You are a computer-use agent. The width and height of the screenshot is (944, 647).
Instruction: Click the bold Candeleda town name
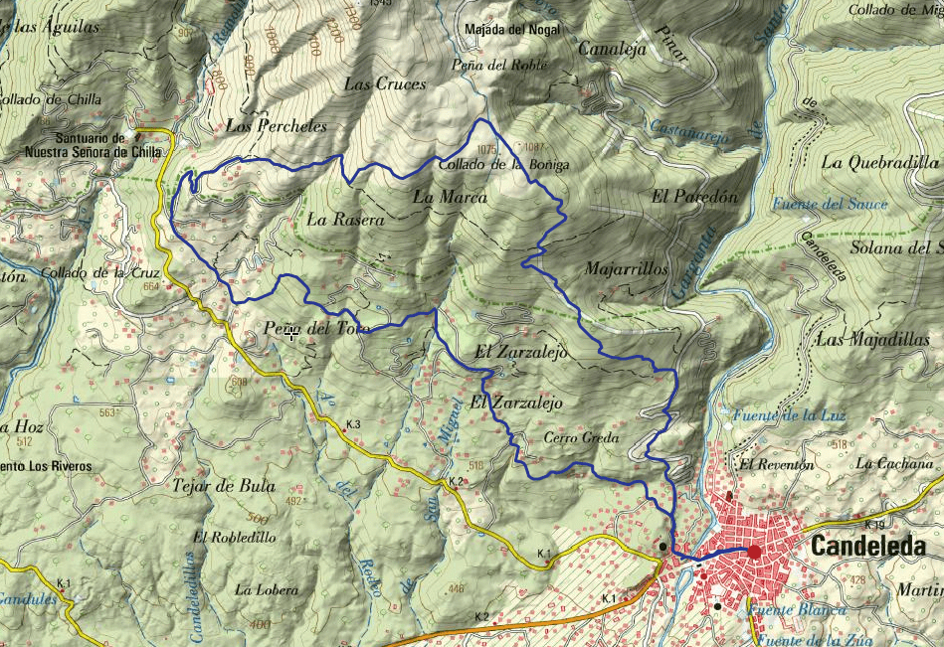click(868, 547)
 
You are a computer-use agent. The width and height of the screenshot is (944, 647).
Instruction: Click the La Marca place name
click(450, 198)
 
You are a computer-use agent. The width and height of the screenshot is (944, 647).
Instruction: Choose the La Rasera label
click(344, 219)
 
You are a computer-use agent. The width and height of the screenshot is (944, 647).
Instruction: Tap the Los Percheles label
click(276, 126)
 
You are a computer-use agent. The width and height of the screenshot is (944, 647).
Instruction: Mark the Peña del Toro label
click(317, 329)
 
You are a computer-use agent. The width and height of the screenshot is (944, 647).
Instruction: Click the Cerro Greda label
click(582, 437)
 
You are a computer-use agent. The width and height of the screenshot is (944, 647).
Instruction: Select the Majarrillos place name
click(627, 269)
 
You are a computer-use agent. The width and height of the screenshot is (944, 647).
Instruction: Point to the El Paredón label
click(695, 197)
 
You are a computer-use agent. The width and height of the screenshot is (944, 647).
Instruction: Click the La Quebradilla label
click(880, 162)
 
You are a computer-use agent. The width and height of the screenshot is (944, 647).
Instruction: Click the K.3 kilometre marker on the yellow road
click(353, 425)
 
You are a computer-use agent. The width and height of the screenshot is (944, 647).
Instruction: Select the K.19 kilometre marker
click(875, 525)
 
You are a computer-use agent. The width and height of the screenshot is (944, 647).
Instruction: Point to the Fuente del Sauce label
click(830, 205)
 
